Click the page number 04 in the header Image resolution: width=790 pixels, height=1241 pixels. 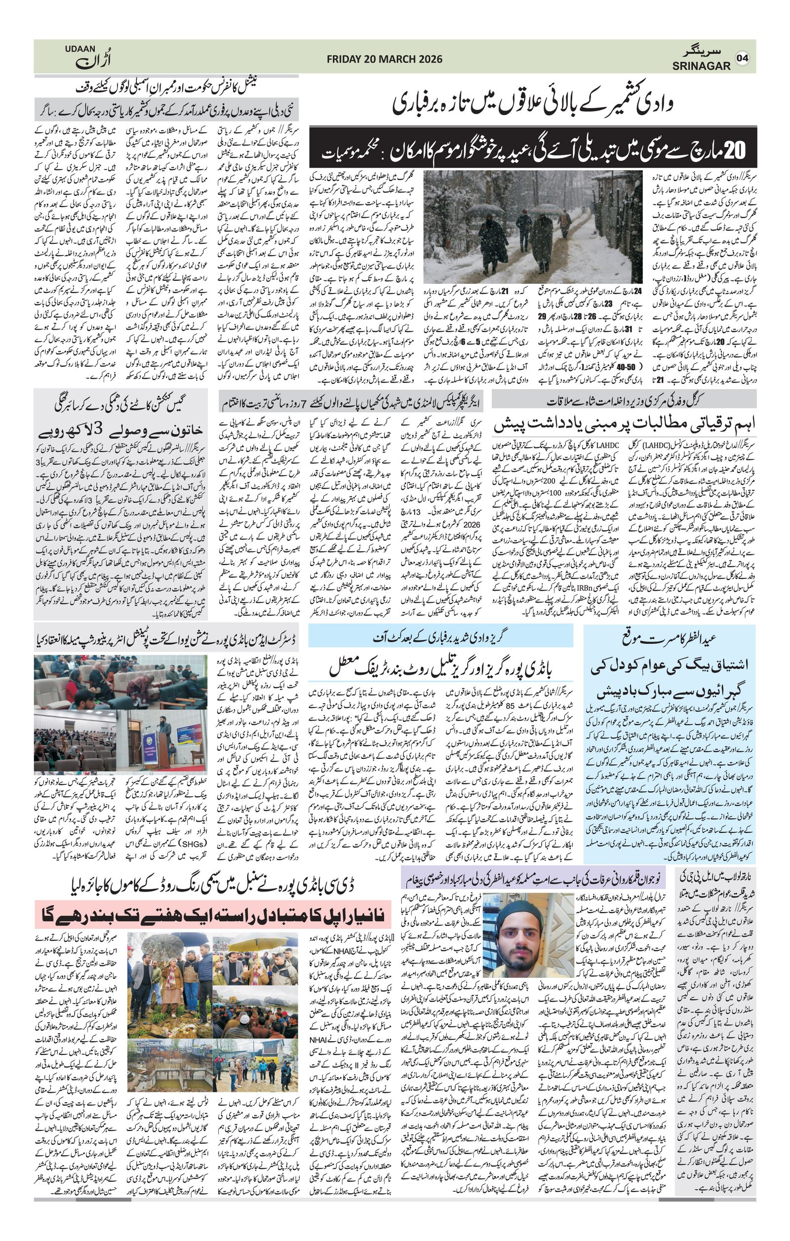[742, 58]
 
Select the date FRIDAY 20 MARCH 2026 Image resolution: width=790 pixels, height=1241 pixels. [385, 59]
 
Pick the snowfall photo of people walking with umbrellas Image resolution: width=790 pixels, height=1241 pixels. [532, 227]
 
